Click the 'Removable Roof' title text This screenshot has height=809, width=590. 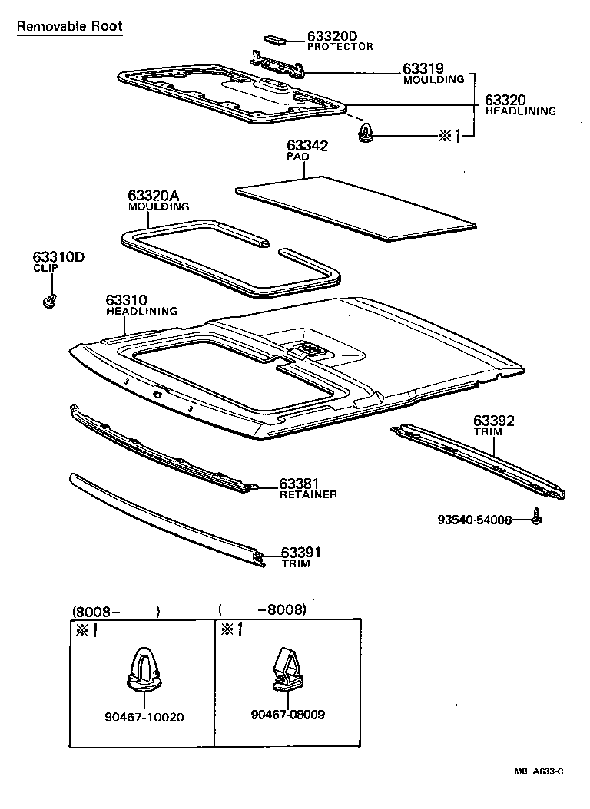pyautogui.click(x=69, y=27)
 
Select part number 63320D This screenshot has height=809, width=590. pyautogui.click(x=333, y=36)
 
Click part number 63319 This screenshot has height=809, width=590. pyautogui.click(x=424, y=69)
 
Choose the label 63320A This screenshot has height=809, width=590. pyautogui.click(x=158, y=196)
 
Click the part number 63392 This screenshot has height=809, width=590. pyautogui.click(x=494, y=421)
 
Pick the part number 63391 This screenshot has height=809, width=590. pyautogui.click(x=300, y=553)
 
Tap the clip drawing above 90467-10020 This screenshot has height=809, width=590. pyautogui.click(x=144, y=669)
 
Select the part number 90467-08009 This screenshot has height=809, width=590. pyautogui.click(x=287, y=715)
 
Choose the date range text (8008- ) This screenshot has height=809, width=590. pyautogui.click(x=116, y=612)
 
